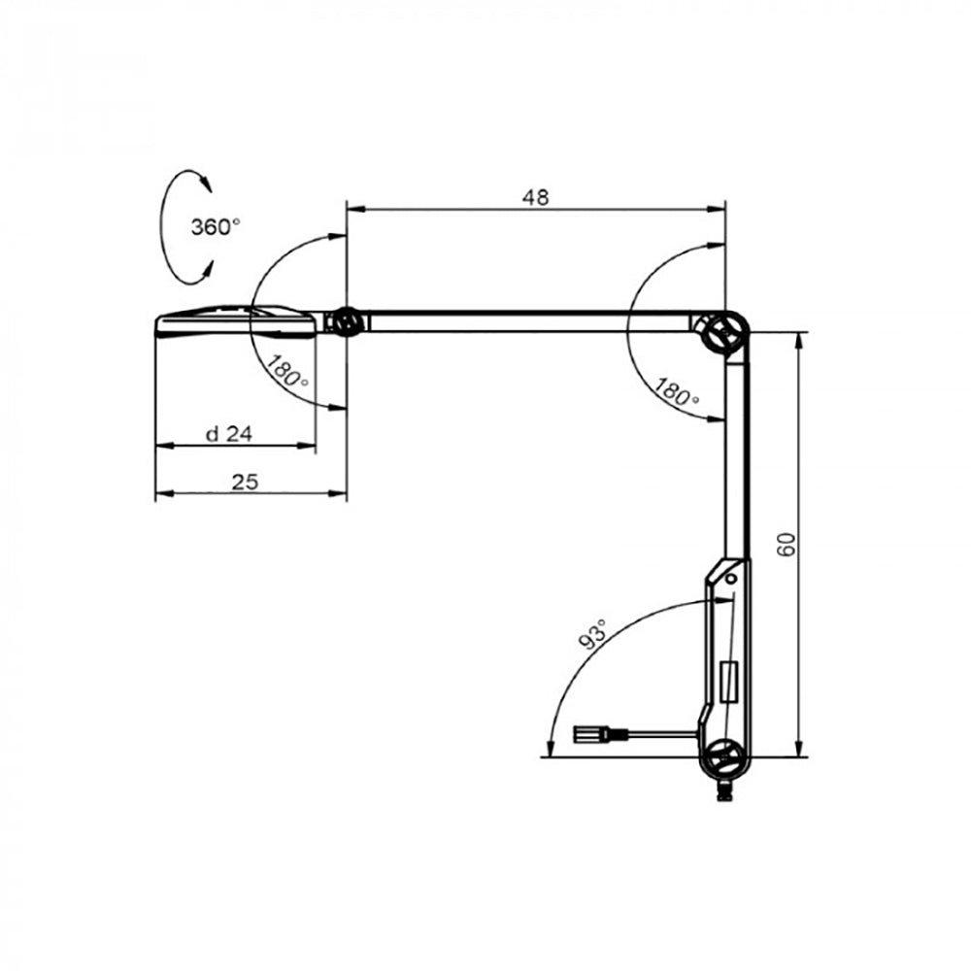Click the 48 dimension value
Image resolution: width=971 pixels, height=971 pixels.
coord(535,197)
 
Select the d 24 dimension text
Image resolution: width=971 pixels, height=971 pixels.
coord(229,434)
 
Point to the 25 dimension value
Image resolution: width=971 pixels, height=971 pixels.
coord(245,482)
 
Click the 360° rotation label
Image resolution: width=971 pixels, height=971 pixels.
coord(215,227)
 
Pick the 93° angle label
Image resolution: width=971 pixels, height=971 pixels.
coord(591,634)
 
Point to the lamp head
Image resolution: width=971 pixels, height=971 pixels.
coord(238,320)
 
